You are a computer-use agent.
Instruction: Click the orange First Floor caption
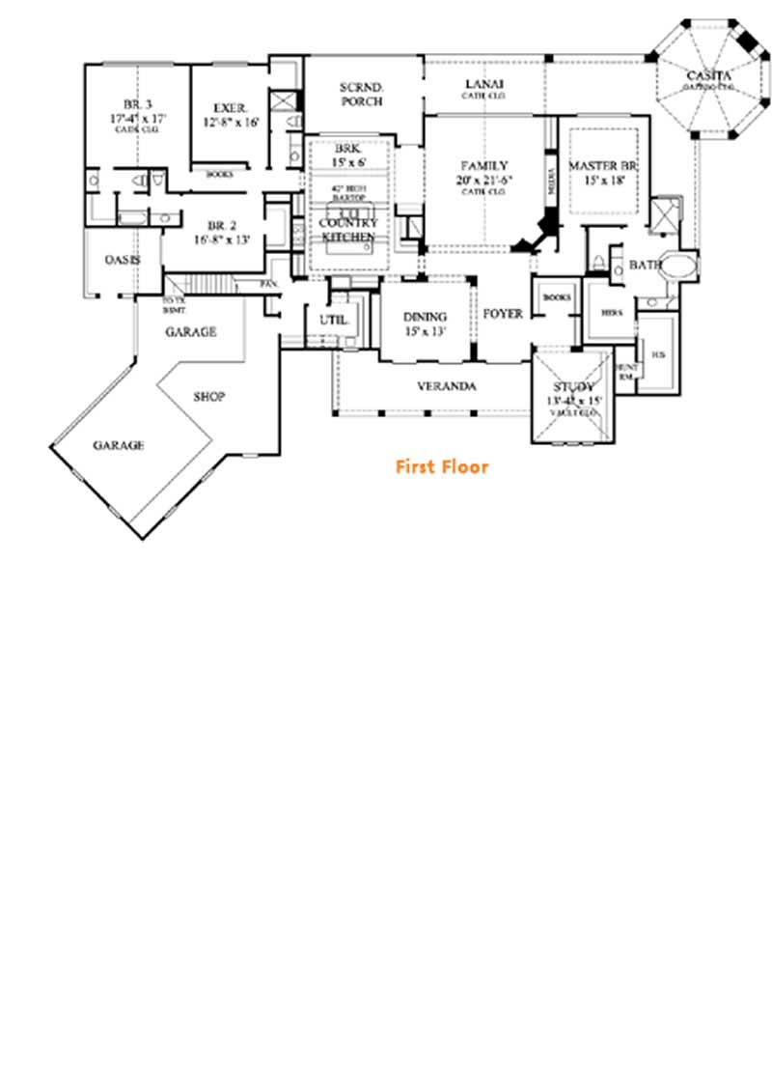442,467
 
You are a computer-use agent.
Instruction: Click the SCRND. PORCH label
362,94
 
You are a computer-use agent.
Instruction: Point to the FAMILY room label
483,166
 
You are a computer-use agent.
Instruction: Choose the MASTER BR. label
605,166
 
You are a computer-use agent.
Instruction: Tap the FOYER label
503,314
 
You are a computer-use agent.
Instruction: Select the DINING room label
425,317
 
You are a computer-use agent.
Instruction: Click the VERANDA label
447,386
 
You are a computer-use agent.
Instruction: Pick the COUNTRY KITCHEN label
347,230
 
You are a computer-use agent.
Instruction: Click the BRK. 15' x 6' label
347,155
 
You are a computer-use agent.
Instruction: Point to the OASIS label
123,261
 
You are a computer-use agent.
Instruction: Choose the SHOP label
209,396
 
